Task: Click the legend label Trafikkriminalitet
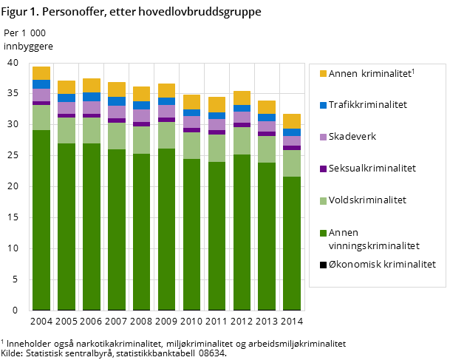(368, 105)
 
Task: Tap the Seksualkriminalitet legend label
(372, 169)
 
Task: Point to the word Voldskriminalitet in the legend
(367, 200)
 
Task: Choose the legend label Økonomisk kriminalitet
(382, 264)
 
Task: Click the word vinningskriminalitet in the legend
(374, 246)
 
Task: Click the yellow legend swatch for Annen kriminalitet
(323, 73)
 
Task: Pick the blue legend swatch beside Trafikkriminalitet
(323, 105)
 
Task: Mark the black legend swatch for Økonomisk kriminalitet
(323, 264)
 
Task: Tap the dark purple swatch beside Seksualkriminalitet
(323, 169)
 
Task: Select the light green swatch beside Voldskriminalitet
(323, 200)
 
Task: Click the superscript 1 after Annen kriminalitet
(413, 70)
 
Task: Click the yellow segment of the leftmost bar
(41, 73)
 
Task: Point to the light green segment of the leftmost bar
(41, 118)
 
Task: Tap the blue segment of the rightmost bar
(292, 132)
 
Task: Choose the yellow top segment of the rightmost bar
(292, 121)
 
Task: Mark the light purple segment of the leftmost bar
(41, 95)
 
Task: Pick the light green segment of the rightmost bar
(292, 163)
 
